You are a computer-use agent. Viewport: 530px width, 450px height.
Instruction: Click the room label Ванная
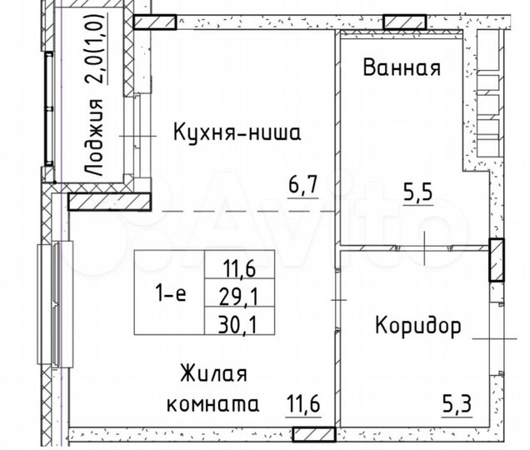click(x=401, y=67)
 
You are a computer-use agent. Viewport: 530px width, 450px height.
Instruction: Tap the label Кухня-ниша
click(x=236, y=132)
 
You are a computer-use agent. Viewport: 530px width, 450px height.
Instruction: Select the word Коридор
click(x=417, y=326)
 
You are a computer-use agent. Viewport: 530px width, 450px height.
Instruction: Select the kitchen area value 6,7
click(x=303, y=185)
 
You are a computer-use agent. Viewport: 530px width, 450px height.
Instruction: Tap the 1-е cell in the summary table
click(x=172, y=292)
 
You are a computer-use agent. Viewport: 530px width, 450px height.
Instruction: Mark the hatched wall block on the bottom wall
click(x=314, y=434)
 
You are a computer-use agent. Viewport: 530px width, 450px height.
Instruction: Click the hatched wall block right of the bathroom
click(x=496, y=259)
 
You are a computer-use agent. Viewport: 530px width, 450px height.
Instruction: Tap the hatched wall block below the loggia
click(x=107, y=200)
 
